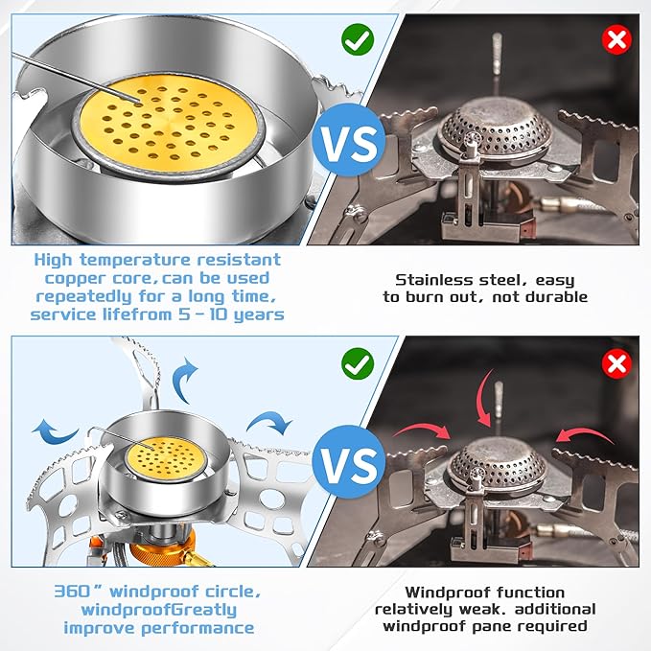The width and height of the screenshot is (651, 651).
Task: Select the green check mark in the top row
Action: pos(357,41)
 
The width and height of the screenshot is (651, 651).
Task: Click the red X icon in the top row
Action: pos(615,41)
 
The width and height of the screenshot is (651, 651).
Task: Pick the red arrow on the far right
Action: pos(584,437)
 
